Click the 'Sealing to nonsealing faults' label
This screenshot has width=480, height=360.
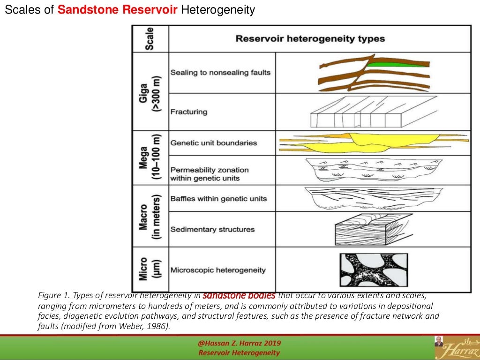point(220,73)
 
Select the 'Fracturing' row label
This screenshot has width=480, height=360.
point(189,112)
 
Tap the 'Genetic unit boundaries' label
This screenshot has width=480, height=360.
point(214,142)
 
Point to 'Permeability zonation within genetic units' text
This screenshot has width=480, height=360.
point(210,174)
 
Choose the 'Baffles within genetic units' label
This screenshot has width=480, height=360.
point(218,198)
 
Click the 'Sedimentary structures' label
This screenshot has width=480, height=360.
point(212,229)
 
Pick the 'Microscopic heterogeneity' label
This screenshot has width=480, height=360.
point(218,270)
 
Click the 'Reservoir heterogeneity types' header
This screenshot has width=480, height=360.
point(310,38)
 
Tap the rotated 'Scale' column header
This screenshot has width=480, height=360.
point(150,38)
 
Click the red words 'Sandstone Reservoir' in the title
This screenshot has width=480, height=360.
point(118,10)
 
